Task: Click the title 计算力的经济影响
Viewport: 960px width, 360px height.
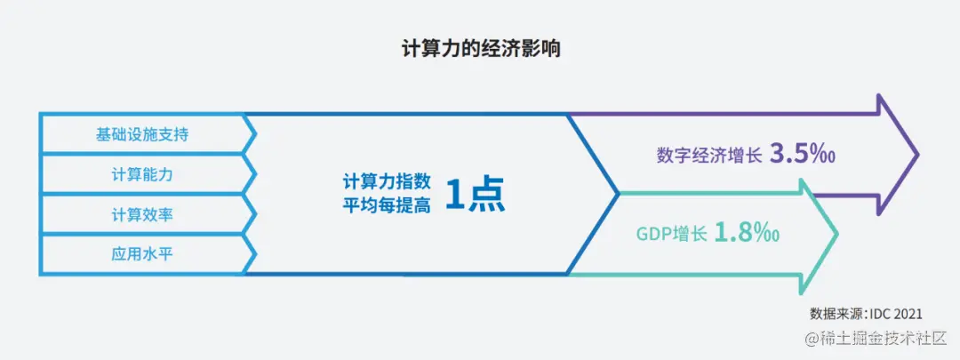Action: pyautogui.click(x=480, y=48)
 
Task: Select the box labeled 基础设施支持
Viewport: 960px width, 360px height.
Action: pyautogui.click(x=142, y=135)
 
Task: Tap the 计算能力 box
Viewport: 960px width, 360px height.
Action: pyautogui.click(x=142, y=175)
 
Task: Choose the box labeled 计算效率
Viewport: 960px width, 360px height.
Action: pyautogui.click(x=142, y=215)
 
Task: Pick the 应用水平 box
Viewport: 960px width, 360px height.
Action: pyautogui.click(x=142, y=254)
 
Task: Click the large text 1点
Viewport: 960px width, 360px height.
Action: pyautogui.click(x=475, y=196)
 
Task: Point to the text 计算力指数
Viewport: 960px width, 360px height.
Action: pyautogui.click(x=388, y=182)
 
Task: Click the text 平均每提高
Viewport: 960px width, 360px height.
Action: pyautogui.click(x=388, y=207)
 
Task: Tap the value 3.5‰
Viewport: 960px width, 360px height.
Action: pyautogui.click(x=803, y=155)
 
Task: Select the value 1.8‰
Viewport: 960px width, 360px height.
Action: pyautogui.click(x=748, y=234)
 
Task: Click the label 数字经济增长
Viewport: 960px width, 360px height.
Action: pyautogui.click(x=709, y=156)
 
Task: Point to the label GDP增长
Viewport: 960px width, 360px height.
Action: pyautogui.click(x=671, y=235)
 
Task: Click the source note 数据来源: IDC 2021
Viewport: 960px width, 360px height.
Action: pyautogui.click(x=866, y=314)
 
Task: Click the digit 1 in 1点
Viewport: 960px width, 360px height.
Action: pyautogui.click(x=455, y=196)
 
